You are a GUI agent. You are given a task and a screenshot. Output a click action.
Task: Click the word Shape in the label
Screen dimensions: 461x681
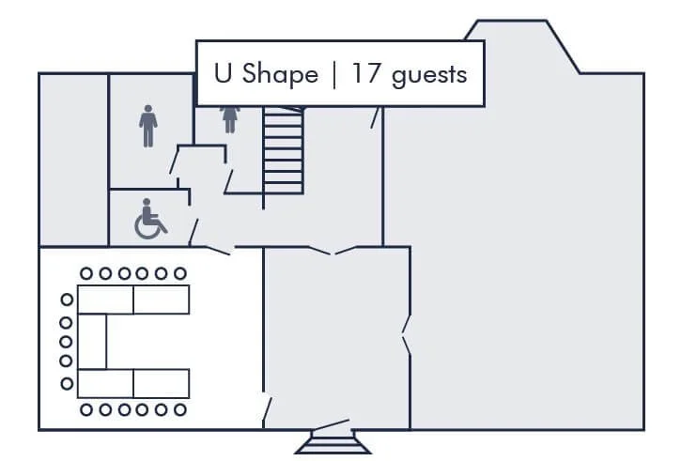(280, 75)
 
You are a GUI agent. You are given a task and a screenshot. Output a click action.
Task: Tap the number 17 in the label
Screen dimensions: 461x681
(364, 74)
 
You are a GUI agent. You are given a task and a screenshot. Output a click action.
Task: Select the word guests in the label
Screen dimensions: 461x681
(429, 76)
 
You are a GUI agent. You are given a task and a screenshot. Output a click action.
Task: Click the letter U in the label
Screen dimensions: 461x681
(223, 74)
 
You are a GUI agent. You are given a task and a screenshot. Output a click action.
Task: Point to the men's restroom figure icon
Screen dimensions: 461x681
(148, 126)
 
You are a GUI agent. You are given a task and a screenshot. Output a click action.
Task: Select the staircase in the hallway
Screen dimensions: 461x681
(284, 150)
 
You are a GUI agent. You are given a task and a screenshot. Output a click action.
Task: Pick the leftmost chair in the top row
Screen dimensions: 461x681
(86, 274)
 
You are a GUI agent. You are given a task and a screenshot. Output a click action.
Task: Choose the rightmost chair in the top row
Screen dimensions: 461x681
(180, 274)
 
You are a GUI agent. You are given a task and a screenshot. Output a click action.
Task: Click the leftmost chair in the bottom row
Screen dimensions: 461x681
(86, 409)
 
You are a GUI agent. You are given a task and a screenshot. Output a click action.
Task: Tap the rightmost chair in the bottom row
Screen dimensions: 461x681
(180, 409)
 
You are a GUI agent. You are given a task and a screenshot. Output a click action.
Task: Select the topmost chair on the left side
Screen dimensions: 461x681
(67, 300)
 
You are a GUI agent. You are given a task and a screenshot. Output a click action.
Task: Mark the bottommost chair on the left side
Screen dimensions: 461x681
(67, 383)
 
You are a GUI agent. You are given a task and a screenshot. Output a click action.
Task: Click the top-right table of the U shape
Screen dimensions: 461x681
(161, 300)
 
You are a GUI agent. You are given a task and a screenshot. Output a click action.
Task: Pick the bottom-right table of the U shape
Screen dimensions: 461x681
(161, 383)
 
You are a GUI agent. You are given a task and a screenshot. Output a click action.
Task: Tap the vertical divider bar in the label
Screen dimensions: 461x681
(334, 74)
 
